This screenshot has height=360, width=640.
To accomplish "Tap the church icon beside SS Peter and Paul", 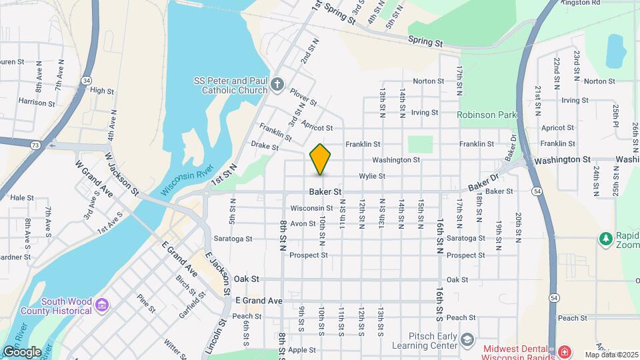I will [x=277, y=85].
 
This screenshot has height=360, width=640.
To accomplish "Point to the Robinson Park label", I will [x=487, y=115].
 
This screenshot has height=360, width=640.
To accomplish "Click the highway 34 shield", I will [x=87, y=80].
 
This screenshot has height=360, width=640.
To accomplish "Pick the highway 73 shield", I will [x=35, y=144].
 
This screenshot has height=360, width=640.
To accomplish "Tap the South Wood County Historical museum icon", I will [x=101, y=305].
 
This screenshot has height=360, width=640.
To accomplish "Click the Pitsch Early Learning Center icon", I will [x=467, y=340].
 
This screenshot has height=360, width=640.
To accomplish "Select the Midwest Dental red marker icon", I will [x=564, y=351].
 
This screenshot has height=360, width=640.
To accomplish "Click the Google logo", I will [x=22, y=352].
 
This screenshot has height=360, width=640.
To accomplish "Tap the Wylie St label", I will [x=372, y=176].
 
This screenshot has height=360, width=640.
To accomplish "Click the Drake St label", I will [x=264, y=145].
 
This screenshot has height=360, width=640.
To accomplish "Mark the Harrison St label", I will [x=37, y=103].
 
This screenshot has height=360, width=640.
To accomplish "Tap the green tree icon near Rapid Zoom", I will [x=605, y=238].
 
